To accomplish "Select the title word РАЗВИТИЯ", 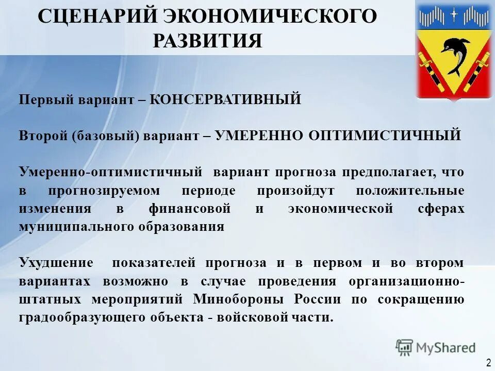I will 207,40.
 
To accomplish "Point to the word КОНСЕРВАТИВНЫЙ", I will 226,99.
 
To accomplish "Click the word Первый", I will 41,99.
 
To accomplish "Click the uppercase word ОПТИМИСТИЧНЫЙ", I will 385,136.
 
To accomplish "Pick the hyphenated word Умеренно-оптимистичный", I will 110,172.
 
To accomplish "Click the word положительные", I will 410,190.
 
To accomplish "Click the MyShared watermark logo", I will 436,347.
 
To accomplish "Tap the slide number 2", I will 488,362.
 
